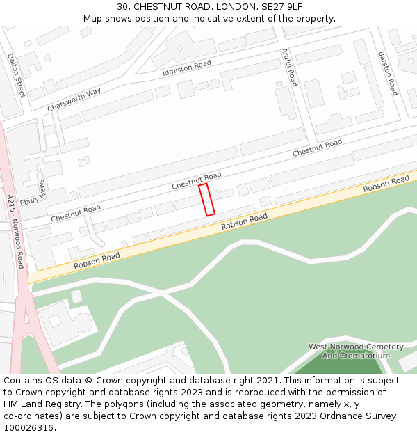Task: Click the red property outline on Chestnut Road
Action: point(206,200)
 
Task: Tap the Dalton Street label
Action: point(15,75)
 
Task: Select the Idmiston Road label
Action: point(186,68)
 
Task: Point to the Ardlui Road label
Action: point(290,68)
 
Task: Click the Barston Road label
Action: point(388,73)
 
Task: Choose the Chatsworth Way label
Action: point(74,100)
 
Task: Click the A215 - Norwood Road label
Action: point(15,232)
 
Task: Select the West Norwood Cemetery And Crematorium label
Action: point(356,351)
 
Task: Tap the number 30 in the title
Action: point(122,6)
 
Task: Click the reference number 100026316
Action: point(28,428)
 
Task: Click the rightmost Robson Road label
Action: point(386,185)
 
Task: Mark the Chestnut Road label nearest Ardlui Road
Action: point(317,148)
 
